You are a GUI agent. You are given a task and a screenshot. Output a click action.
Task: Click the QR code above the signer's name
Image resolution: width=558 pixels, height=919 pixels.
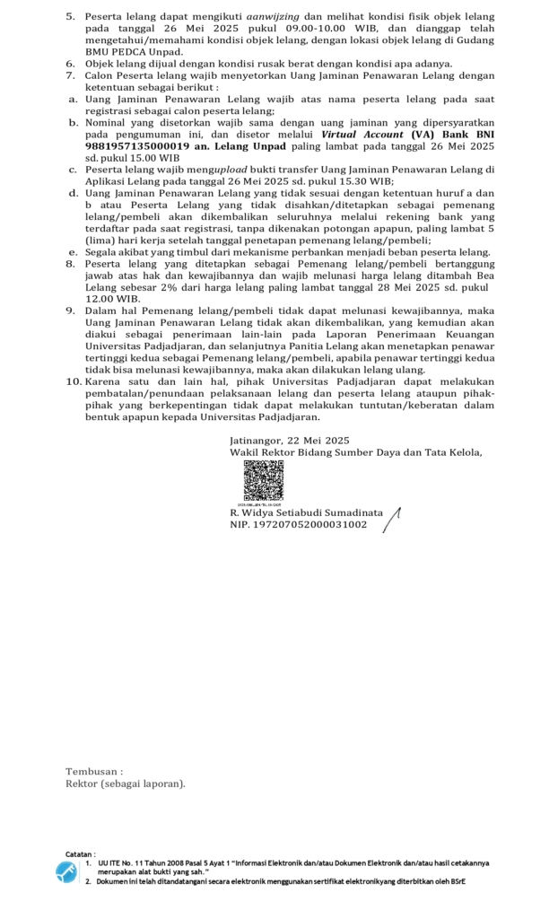pyautogui.click(x=263, y=481)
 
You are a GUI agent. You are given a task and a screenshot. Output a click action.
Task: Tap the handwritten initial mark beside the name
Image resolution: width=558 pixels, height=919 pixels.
pyautogui.click(x=391, y=518)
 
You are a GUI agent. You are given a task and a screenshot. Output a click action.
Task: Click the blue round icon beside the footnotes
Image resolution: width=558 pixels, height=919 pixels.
pyautogui.click(x=66, y=871)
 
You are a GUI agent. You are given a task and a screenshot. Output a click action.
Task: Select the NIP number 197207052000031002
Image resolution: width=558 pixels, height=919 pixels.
pyautogui.click(x=298, y=524)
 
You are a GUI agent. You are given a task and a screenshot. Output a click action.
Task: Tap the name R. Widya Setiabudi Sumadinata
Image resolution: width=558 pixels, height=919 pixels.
pyautogui.click(x=306, y=512)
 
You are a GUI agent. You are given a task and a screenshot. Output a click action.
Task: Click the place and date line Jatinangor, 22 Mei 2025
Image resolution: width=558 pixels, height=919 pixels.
pyautogui.click(x=289, y=440)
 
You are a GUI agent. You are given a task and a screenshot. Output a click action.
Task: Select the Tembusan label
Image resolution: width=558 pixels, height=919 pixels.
pyautogui.click(x=94, y=771)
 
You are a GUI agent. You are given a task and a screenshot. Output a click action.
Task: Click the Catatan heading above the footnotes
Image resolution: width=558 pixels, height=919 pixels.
pyautogui.click(x=81, y=853)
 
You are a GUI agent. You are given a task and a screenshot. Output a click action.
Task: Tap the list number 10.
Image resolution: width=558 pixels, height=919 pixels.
pyautogui.click(x=74, y=381)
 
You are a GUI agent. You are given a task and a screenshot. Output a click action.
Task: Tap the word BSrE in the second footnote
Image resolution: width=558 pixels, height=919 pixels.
pyautogui.click(x=456, y=881)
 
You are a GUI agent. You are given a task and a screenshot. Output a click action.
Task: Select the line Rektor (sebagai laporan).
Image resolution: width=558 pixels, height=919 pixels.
pyautogui.click(x=126, y=783)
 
